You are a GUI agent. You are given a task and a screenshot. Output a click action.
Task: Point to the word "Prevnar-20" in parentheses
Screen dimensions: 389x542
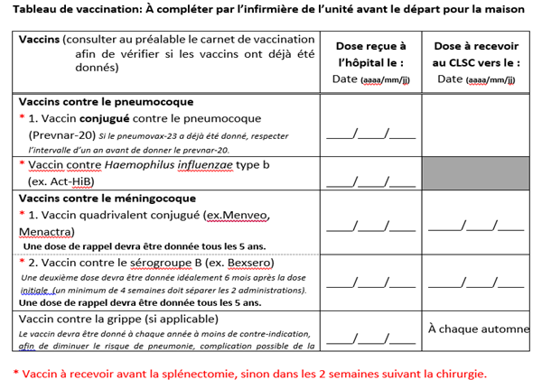pos(60,134)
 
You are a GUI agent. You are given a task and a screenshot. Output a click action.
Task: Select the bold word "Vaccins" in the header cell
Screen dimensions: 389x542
pos(39,40)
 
